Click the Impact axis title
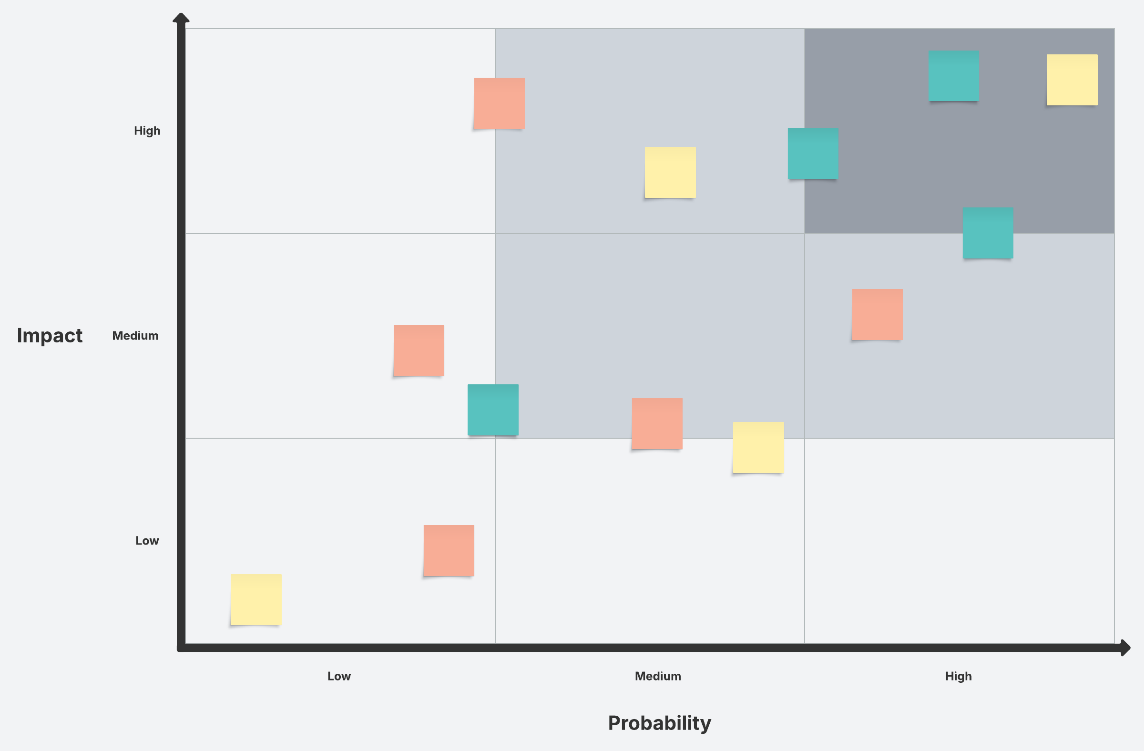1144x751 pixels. (50, 336)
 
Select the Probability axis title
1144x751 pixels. (659, 723)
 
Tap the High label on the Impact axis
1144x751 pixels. (147, 131)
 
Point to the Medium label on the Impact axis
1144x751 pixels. (135, 336)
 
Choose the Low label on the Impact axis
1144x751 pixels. (147, 540)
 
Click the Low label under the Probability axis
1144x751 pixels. (339, 676)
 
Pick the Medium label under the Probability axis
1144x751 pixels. (657, 676)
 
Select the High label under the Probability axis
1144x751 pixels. (958, 676)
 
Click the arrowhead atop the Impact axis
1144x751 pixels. (181, 18)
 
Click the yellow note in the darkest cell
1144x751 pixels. (1072, 80)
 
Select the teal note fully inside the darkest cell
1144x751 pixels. (954, 76)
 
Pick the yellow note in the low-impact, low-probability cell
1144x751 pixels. (255, 599)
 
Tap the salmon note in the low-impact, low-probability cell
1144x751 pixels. (449, 551)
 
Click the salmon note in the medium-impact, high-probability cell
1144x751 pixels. (877, 314)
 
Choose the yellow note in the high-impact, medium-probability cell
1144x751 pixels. (670, 172)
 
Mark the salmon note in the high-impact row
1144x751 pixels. (499, 103)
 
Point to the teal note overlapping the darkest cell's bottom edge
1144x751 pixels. (988, 233)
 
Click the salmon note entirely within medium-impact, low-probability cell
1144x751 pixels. (419, 350)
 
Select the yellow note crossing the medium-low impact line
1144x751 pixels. (758, 448)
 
